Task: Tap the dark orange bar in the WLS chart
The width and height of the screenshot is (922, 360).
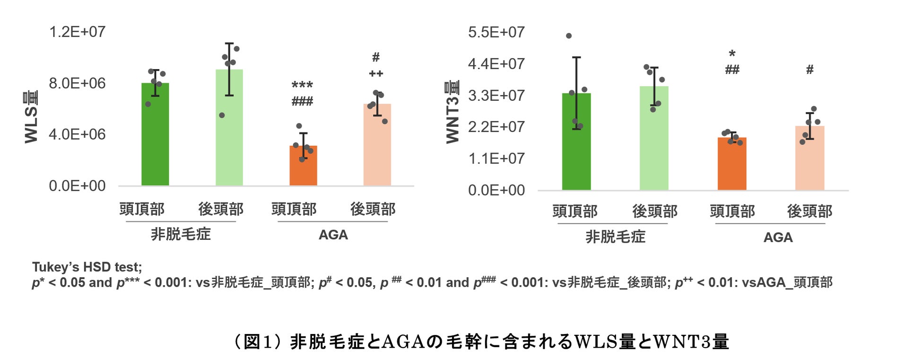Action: pos(303,166)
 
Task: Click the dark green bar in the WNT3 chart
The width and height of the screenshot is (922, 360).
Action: pos(576,142)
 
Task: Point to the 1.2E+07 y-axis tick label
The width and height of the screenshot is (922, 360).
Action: pos(77,32)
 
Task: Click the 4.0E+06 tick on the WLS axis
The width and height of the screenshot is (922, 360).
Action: pos(77,134)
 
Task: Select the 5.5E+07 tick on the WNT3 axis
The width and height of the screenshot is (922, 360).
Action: pos(496,32)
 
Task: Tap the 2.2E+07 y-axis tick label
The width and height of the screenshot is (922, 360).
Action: pos(496,127)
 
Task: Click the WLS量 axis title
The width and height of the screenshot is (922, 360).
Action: pos(31,117)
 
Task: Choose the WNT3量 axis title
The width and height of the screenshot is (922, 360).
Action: pos(452,112)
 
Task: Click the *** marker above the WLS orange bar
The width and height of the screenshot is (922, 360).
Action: pos(302,85)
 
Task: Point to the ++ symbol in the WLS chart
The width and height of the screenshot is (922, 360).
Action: pos(376,74)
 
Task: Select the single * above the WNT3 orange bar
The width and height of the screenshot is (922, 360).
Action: pos(732,54)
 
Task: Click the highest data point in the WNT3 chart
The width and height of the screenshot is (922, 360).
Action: pos(569,36)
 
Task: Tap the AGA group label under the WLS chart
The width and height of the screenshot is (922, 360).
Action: pos(333,235)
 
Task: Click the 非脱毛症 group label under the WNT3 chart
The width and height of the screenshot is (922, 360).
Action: pos(615,237)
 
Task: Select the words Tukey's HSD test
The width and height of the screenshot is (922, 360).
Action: pos(87,267)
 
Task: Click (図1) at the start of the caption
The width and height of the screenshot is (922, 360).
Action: pos(258,342)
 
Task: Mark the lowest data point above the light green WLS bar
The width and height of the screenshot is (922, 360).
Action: pos(222,115)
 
